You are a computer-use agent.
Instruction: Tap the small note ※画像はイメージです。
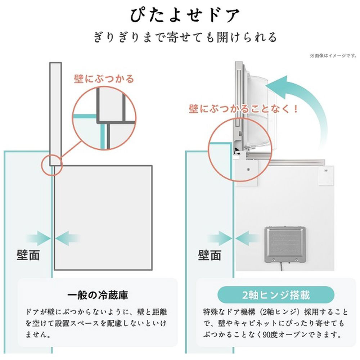pos(333,56)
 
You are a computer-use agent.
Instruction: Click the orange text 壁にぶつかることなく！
pos(243,108)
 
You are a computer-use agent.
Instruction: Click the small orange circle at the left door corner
pos(52,165)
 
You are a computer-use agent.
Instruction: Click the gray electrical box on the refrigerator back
pos(285,244)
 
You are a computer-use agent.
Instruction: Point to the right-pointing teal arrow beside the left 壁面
pos(38,238)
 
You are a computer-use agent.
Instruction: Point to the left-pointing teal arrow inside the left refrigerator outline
pos(68,238)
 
